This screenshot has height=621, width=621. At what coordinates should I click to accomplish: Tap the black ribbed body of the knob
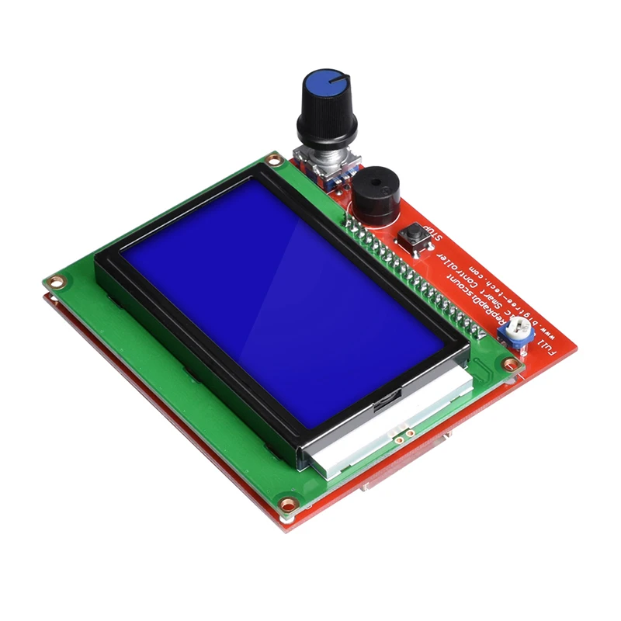pyautogui.click(x=326, y=120)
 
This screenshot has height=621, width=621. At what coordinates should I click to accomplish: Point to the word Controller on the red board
pyautogui.click(x=482, y=268)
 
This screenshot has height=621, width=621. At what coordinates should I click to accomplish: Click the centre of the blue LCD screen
pyautogui.click(x=283, y=299)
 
